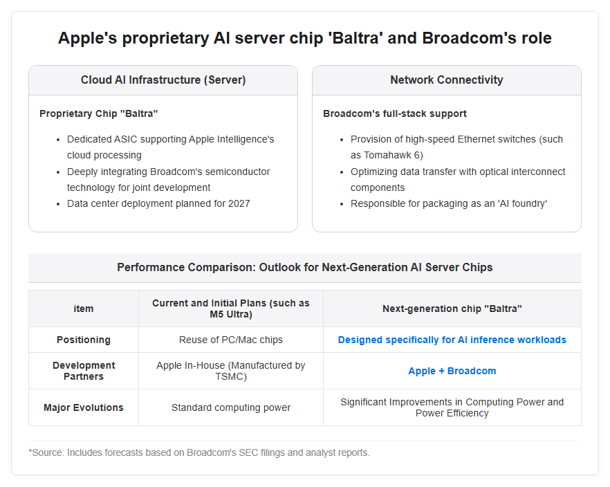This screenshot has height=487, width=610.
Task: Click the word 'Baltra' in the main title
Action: click(x=355, y=38)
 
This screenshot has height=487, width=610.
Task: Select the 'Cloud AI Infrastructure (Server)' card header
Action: click(x=163, y=80)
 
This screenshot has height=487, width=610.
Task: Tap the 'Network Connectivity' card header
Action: click(x=447, y=80)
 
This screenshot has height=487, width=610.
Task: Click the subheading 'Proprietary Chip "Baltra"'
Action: click(x=98, y=113)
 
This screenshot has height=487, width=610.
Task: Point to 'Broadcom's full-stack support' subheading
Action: click(x=394, y=113)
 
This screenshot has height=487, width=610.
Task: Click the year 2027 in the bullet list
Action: click(x=239, y=203)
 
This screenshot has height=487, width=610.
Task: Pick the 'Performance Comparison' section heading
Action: click(x=305, y=267)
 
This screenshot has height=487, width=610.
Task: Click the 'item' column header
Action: click(x=84, y=309)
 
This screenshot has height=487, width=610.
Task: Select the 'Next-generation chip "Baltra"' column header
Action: click(x=452, y=309)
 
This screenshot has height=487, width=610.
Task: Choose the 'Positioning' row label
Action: click(x=84, y=340)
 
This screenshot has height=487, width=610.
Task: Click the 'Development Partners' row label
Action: click(x=84, y=371)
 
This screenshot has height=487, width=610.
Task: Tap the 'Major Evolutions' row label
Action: click(x=84, y=407)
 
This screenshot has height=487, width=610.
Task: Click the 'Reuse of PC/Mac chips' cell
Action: click(x=231, y=340)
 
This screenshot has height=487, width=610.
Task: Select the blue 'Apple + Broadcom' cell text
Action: click(x=452, y=371)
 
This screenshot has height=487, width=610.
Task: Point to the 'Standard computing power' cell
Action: click(x=231, y=407)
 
